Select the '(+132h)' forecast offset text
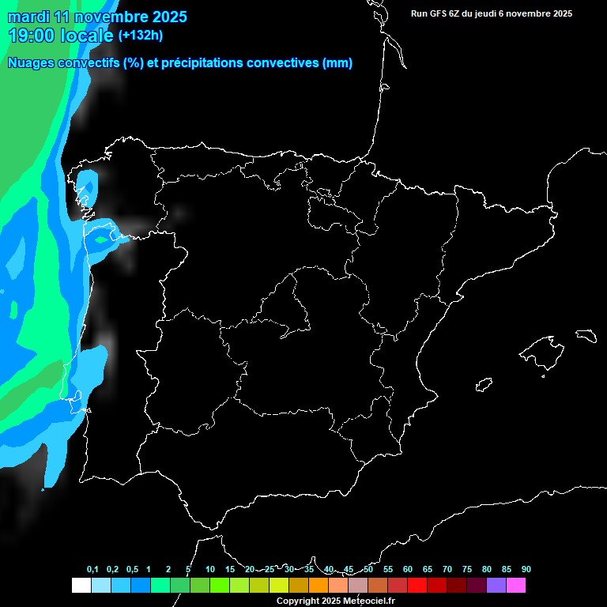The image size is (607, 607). [x=140, y=36]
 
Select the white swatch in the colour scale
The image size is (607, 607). [x=81, y=586]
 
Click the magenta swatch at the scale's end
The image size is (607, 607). [x=516, y=586]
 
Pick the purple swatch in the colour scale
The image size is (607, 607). [x=496, y=586]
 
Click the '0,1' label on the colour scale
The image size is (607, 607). [x=92, y=570]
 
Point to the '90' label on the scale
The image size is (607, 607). [x=526, y=570]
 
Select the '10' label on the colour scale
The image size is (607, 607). [x=210, y=570]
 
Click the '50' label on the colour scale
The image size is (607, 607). [x=368, y=570]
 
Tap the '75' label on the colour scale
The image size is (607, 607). [x=467, y=570]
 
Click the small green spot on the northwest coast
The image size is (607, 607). [x=101, y=238]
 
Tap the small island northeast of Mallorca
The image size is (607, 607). [x=586, y=335]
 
